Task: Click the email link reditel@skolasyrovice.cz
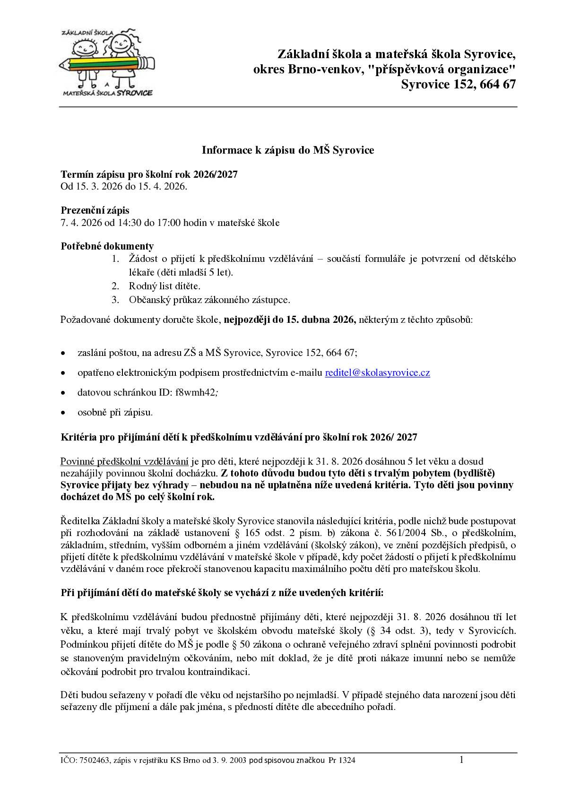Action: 377,372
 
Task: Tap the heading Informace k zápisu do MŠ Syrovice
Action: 288,150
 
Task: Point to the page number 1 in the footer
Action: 461,760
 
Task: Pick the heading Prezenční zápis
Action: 95,210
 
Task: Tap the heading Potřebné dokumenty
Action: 107,246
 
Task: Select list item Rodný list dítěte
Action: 165,286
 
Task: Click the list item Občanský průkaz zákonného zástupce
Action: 209,300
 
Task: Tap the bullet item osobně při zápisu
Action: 115,412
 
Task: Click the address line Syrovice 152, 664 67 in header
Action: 458,84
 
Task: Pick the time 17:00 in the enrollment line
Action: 168,223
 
